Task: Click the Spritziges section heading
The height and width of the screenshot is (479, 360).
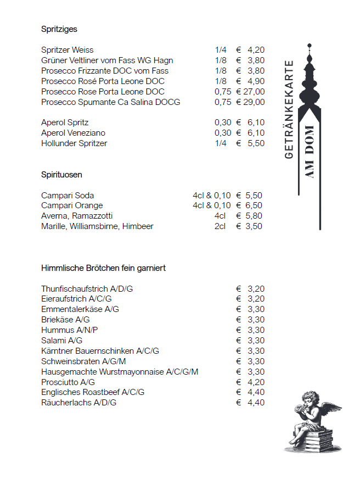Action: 59,29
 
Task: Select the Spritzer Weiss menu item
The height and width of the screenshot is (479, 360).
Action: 67,50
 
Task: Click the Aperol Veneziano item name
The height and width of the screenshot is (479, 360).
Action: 73,133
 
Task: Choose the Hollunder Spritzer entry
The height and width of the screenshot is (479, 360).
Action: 74,143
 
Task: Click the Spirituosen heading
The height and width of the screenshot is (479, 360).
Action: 61,175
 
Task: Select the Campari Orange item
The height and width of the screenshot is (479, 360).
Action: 72,205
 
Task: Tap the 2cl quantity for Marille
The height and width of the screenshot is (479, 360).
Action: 220,226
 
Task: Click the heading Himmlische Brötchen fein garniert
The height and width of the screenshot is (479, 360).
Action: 103,268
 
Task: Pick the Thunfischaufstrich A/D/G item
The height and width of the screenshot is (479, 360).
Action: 87,288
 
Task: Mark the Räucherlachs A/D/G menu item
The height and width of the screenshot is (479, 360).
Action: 78,403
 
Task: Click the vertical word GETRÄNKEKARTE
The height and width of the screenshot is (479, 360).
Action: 290,110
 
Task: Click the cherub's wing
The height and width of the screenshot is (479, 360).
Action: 329,409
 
